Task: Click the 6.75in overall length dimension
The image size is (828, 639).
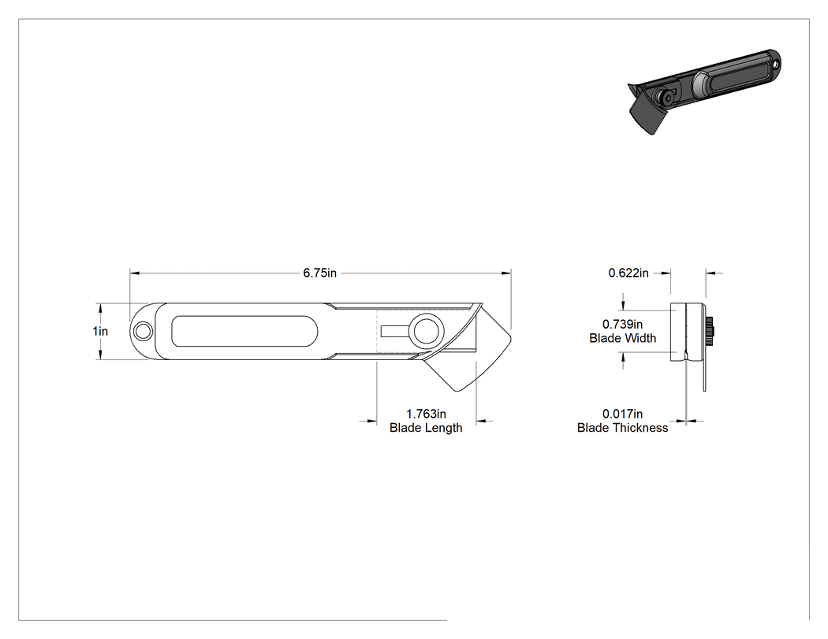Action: (x=319, y=273)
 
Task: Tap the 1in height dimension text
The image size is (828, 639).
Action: (x=100, y=331)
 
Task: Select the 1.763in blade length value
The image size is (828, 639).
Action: (x=426, y=414)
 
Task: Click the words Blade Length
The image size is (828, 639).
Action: (x=426, y=427)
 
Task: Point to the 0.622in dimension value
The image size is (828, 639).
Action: (x=628, y=273)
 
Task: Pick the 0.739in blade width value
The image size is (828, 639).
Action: (x=623, y=324)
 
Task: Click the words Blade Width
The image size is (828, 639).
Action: (x=623, y=338)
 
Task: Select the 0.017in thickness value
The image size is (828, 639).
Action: (x=623, y=414)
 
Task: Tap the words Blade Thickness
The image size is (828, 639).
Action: (x=623, y=427)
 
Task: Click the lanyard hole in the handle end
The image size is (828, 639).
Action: (x=142, y=332)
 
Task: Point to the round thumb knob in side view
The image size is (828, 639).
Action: (x=426, y=332)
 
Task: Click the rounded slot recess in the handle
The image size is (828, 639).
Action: (x=245, y=332)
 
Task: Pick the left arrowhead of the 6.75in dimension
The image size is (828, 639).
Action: (x=135, y=273)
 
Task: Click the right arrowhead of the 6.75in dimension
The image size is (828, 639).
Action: (x=506, y=273)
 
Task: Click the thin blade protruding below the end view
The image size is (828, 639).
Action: (x=704, y=376)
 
